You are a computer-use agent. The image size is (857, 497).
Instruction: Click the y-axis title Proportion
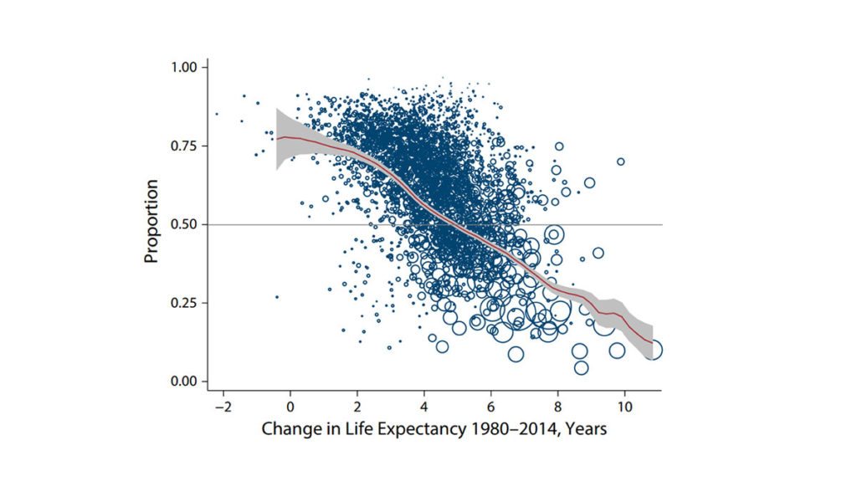[151, 224]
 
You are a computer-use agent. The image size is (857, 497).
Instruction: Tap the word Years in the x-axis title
[586, 430]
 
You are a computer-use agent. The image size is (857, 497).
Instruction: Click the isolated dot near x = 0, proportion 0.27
[277, 297]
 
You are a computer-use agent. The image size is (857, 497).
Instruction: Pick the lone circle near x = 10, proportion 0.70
[621, 161]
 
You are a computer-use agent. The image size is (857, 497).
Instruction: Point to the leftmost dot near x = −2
[216, 114]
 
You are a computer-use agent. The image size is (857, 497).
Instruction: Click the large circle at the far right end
[653, 350]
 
